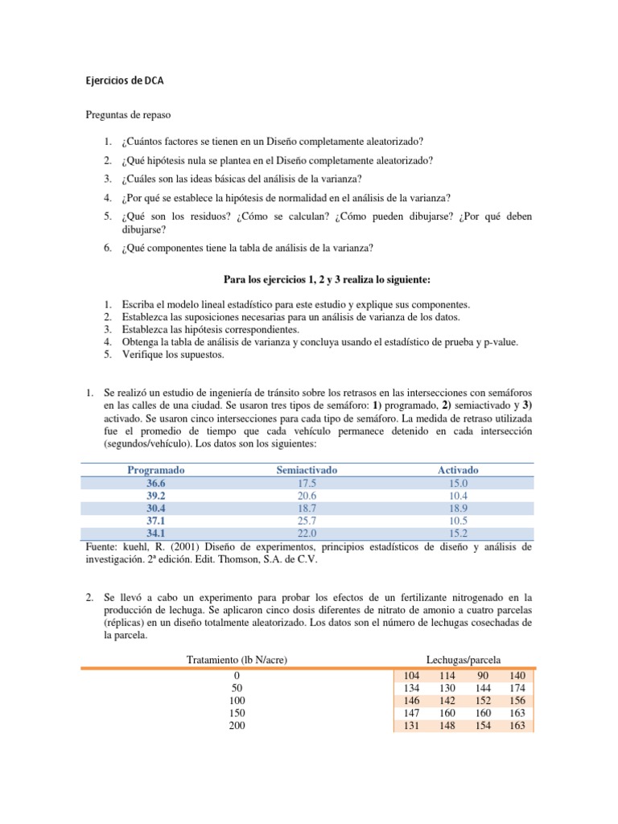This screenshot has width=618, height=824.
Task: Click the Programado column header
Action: coord(155,470)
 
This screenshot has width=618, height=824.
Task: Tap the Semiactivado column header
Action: coord(307,470)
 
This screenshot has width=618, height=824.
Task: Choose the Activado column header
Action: coord(458,470)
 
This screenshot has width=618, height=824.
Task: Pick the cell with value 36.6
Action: coord(155,483)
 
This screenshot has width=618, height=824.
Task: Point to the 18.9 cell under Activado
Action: coord(458,509)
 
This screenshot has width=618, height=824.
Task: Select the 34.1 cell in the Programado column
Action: coord(155,534)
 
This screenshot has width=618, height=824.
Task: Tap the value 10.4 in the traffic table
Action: coord(458,496)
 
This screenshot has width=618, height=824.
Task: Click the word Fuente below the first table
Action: coord(101,547)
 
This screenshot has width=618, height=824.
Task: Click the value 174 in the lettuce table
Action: coord(517,688)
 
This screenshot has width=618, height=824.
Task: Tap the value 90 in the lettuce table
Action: coord(483,676)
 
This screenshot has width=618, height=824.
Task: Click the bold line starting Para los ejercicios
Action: coord(326,279)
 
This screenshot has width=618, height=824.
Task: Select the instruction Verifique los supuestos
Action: coord(173,354)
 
